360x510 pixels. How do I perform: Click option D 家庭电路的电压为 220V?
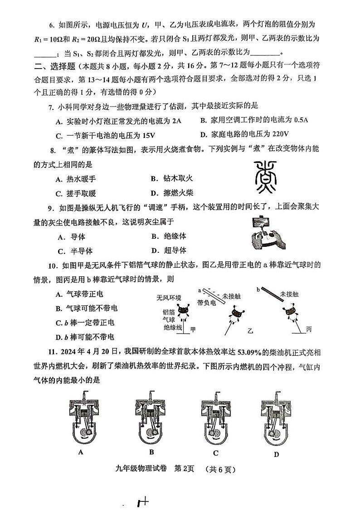[244, 134]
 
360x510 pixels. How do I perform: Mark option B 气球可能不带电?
[86, 309]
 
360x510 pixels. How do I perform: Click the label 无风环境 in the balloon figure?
[169, 298]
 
